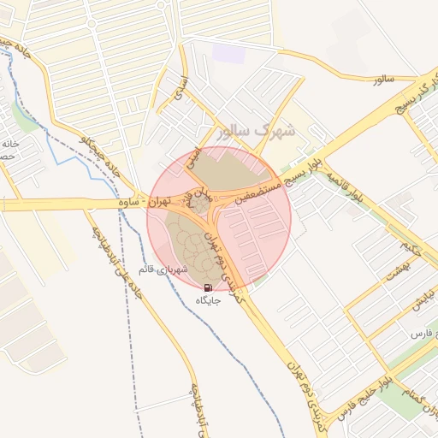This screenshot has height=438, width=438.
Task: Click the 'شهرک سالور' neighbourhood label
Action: tap(256, 131)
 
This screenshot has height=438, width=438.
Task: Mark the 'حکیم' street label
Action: tap(410, 250)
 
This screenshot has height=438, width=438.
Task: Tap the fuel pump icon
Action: tap(210, 287)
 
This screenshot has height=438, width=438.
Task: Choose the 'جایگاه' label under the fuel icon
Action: tap(210, 301)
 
